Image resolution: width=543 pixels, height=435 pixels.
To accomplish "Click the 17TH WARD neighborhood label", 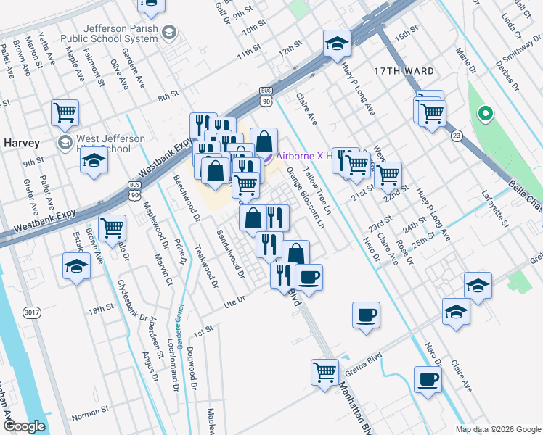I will tap(404, 71).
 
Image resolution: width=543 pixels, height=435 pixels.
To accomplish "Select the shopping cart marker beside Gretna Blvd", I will tap(324, 372).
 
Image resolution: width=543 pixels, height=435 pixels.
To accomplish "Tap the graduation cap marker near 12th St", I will tap(337, 45).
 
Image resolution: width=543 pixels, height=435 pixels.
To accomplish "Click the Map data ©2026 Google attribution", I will tap(497, 429).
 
